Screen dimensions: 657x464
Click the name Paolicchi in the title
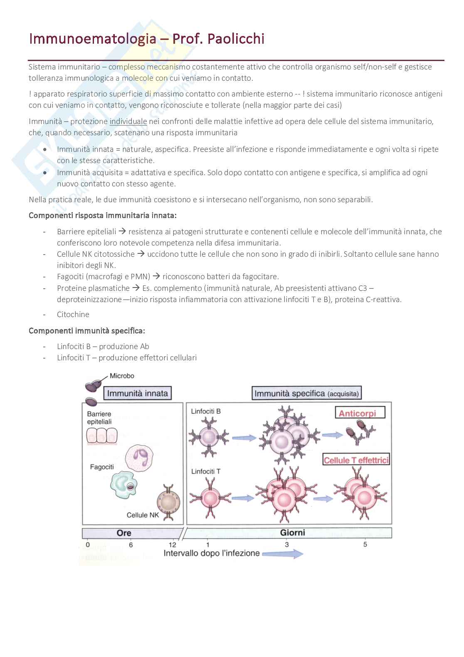tap(235, 39)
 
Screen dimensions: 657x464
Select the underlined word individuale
tap(128, 121)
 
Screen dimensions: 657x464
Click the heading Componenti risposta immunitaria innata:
tap(103, 216)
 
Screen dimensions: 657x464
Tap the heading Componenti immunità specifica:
tap(87, 331)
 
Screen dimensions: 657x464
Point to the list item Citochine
tap(73, 315)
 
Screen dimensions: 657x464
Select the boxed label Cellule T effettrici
tap(356, 460)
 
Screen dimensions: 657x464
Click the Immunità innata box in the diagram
tap(137, 393)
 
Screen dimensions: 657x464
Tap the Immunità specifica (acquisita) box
tap(306, 393)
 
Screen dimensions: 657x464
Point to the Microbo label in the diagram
tap(122, 376)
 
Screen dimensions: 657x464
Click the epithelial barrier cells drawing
tap(101, 436)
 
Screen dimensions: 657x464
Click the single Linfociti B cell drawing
tap(209, 437)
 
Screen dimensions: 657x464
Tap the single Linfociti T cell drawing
tap(210, 498)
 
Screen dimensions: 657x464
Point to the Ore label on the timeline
tap(124, 533)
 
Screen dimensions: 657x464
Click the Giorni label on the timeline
tap(292, 533)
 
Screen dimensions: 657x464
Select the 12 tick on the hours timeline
tap(172, 545)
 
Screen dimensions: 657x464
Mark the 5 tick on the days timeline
tap(365, 544)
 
